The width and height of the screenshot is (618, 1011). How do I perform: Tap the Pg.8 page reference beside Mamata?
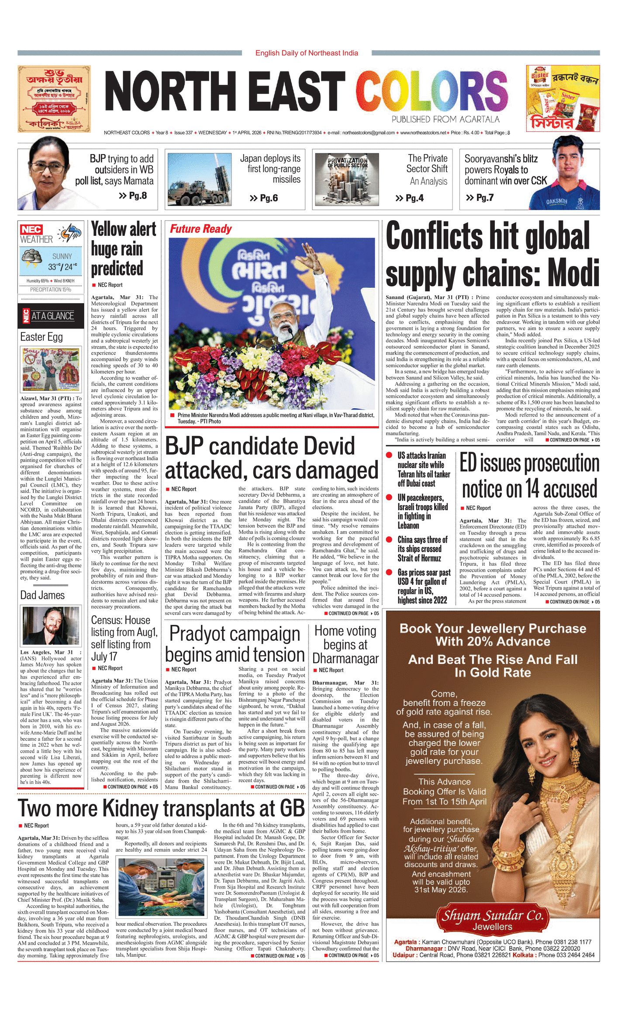click(x=133, y=196)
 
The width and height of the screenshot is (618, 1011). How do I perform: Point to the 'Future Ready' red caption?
click(x=200, y=229)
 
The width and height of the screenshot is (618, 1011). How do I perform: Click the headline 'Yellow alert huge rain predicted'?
click(x=123, y=249)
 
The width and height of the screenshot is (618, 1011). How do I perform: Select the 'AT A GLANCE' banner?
click(x=52, y=316)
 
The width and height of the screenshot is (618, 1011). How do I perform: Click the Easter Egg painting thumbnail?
click(x=51, y=369)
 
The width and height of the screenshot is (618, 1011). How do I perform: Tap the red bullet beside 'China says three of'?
click(x=389, y=540)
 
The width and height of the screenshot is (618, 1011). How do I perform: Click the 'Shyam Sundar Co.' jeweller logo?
click(x=493, y=918)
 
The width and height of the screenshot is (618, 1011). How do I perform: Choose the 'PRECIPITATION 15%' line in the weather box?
click(x=50, y=290)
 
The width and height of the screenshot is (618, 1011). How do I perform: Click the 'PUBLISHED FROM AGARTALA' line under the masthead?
click(x=445, y=120)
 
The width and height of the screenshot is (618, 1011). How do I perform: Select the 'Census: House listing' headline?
click(x=124, y=638)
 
